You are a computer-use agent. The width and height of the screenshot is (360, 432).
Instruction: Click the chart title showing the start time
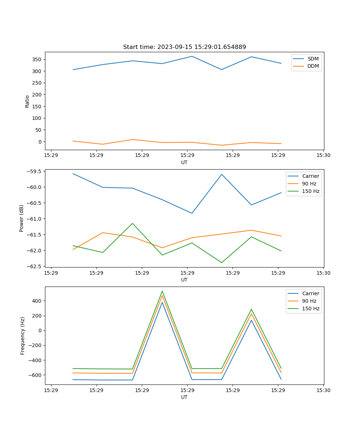point(184,47)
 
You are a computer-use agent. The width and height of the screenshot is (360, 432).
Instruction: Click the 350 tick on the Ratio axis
point(37,59)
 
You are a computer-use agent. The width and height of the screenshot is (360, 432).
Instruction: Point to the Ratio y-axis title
point(27,102)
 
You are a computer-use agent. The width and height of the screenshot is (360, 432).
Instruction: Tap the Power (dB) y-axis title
point(22,218)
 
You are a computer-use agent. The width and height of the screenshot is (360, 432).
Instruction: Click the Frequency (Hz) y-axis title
point(23,336)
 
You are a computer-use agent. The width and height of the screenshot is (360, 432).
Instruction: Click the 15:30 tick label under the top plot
point(323,156)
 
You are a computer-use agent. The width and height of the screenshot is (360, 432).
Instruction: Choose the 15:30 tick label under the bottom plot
point(323,390)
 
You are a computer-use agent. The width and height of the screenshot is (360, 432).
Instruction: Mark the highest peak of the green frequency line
point(162,291)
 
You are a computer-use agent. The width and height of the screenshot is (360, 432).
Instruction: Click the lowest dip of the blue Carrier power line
point(192,213)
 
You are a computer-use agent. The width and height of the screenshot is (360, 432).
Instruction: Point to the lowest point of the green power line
point(221,262)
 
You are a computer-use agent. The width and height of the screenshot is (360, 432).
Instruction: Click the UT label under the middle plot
point(184,280)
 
